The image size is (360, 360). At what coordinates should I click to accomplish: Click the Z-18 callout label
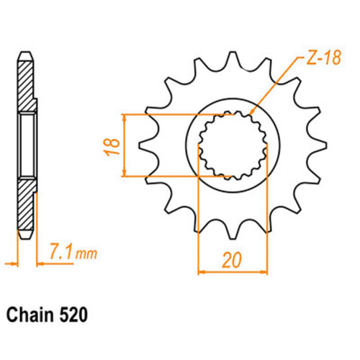(x=324, y=58)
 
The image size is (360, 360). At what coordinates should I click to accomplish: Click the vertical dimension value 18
(x=112, y=147)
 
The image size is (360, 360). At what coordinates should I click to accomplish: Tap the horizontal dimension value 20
(x=232, y=260)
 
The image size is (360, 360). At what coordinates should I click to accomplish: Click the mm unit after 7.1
(x=86, y=253)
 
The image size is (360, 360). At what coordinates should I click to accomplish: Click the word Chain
(x=30, y=315)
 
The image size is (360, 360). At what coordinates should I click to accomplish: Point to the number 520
(x=73, y=315)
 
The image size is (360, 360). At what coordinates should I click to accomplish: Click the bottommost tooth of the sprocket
(x=233, y=232)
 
